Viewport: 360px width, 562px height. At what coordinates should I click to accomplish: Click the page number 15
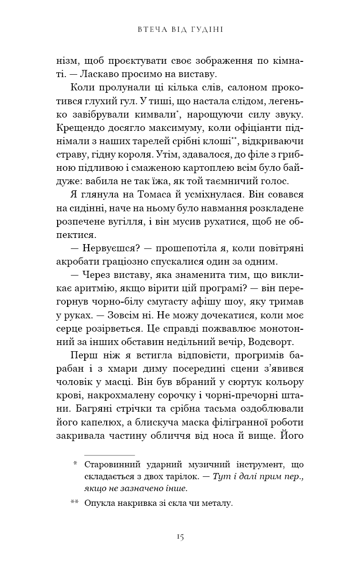point(180,536)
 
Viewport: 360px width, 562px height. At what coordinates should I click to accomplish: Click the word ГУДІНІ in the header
point(208,30)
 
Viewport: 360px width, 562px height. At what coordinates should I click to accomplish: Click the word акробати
point(78,262)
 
